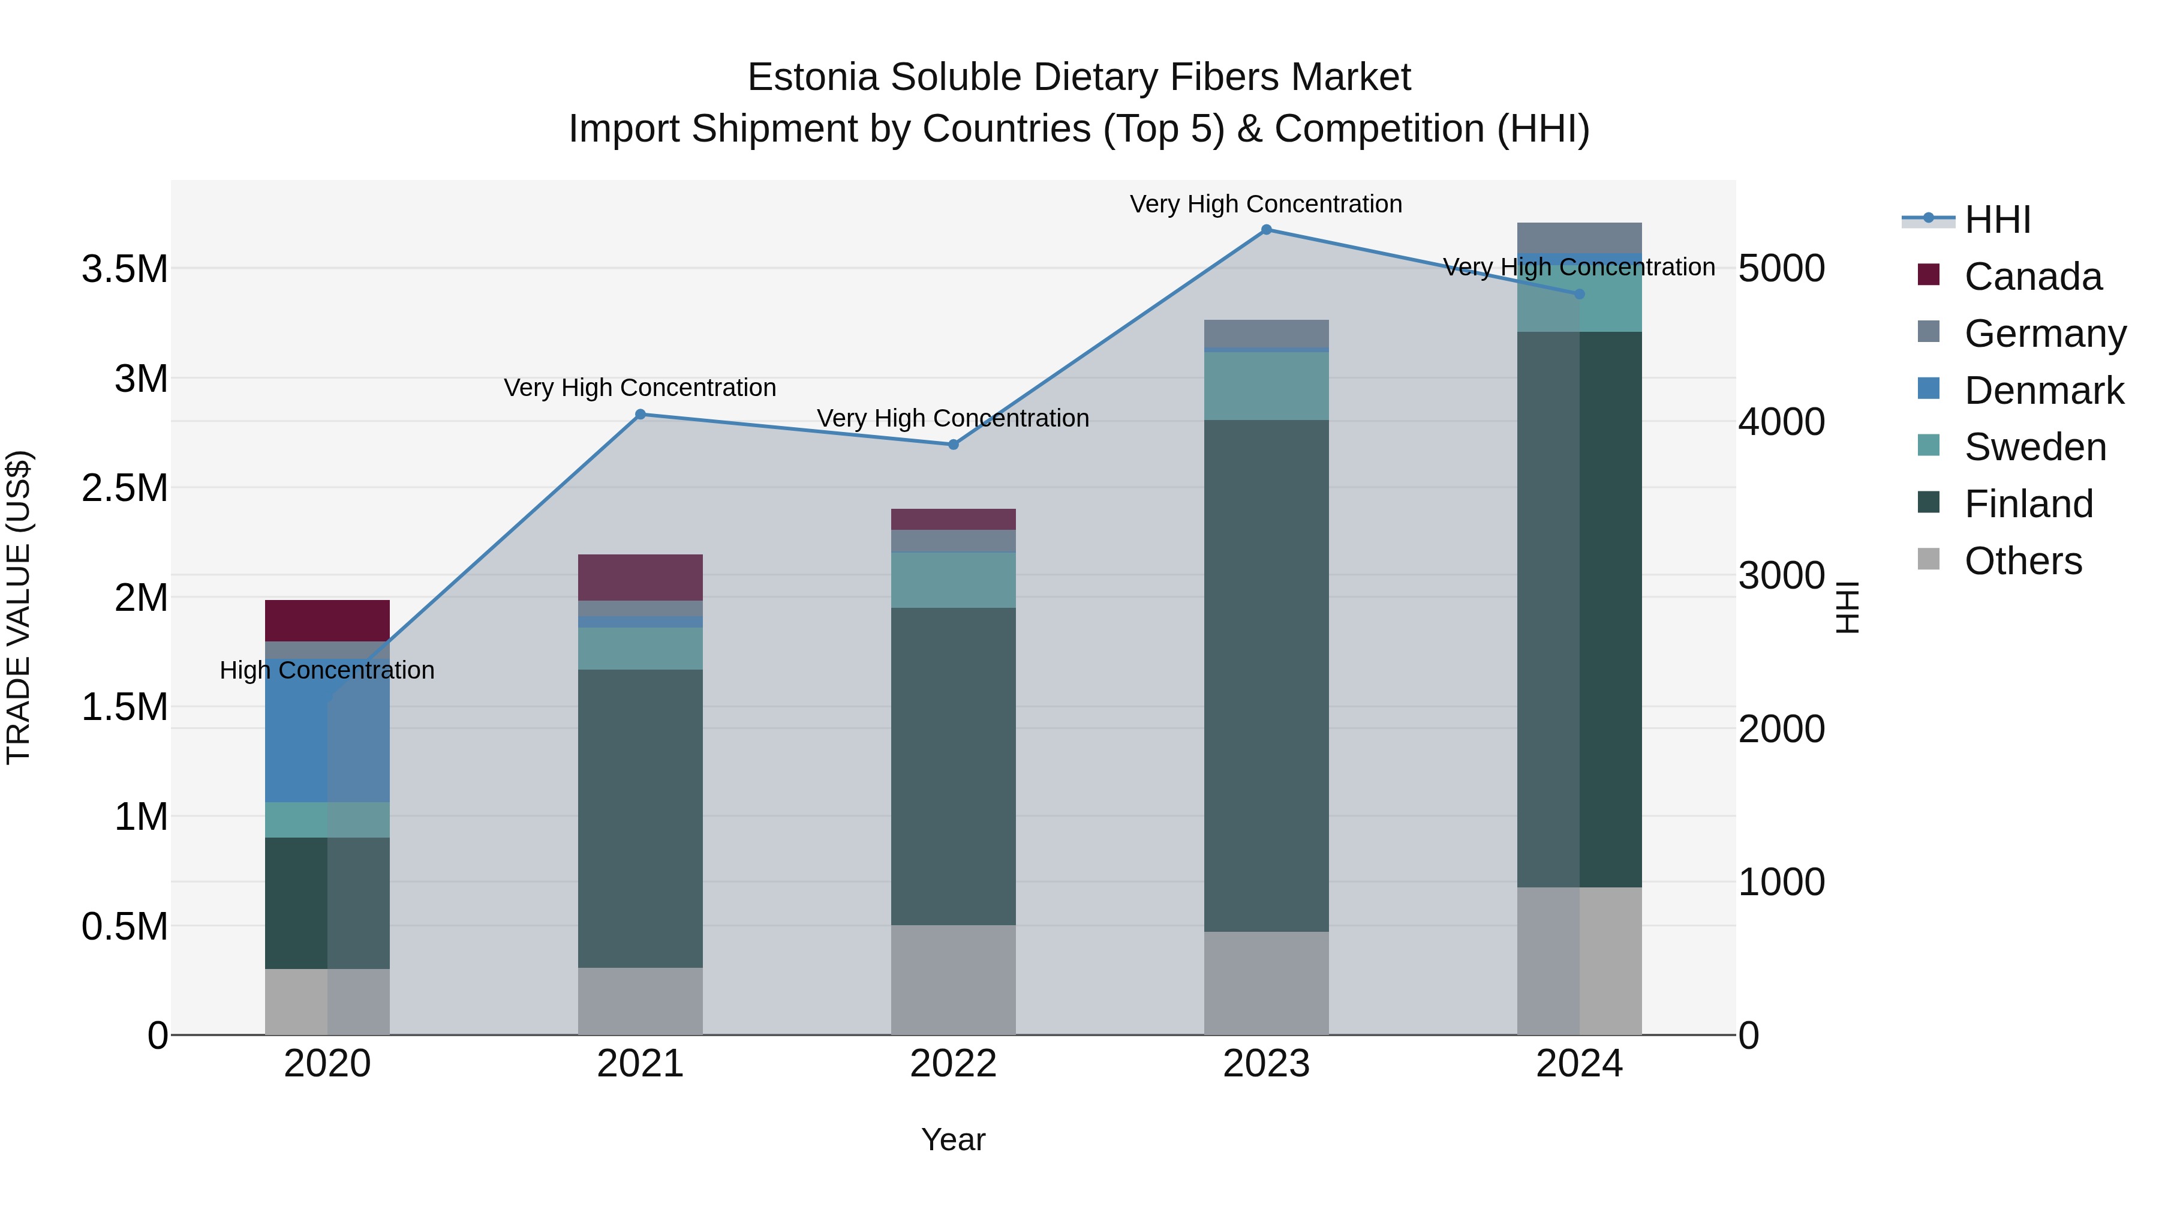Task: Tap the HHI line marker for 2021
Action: pos(641,414)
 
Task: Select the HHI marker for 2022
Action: pos(953,445)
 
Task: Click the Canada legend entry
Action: pos(2032,277)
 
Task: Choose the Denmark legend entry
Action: pos(2043,391)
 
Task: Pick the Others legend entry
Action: pos(2022,561)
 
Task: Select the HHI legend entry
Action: pos(1996,220)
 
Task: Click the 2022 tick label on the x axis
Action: pos(953,1064)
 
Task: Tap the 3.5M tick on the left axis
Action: pos(125,270)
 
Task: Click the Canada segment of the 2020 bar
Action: pos(327,620)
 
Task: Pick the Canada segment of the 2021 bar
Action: pos(641,577)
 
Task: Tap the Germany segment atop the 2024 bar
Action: pos(1579,237)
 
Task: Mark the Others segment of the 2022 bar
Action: pos(953,979)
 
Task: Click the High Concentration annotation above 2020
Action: pos(327,671)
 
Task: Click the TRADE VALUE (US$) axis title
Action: pos(19,607)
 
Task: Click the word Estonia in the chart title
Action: pos(812,77)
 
